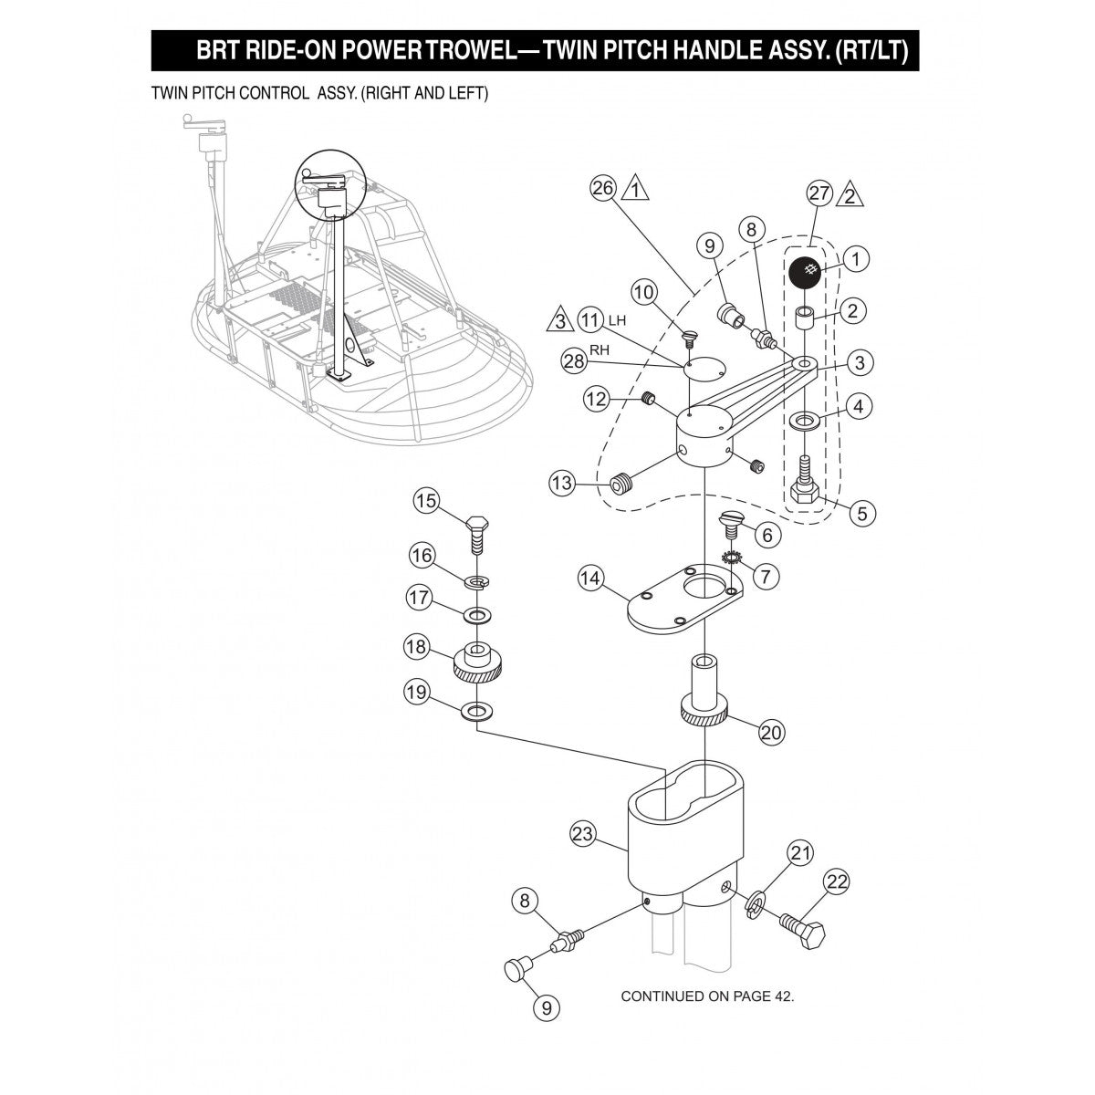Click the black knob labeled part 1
(x=805, y=272)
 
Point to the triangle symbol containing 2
(x=850, y=194)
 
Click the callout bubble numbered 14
(x=590, y=578)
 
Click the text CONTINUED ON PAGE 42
(x=707, y=996)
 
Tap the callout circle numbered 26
(x=603, y=189)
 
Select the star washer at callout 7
(x=729, y=558)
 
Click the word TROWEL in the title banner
(x=483, y=50)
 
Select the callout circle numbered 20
(x=772, y=732)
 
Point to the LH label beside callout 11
(x=618, y=320)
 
